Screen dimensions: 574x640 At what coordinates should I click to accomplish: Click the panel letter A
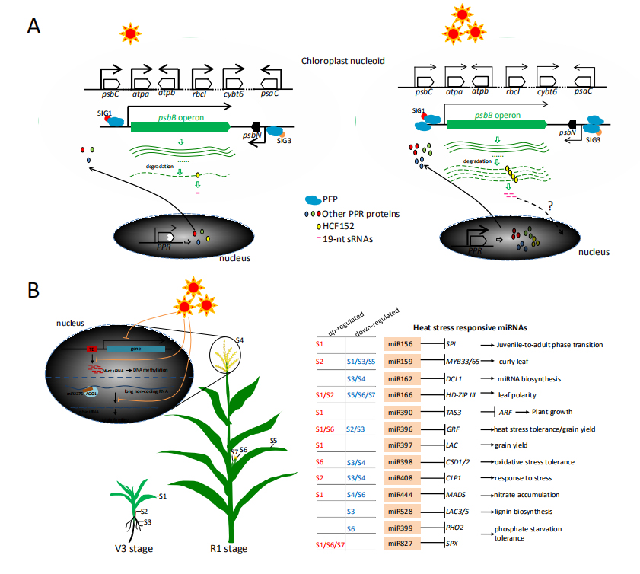pyautogui.click(x=34, y=27)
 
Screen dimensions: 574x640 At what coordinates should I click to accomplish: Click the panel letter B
pyautogui.click(x=34, y=292)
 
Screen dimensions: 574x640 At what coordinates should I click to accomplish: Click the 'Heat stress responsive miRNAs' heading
pyautogui.click(x=470, y=327)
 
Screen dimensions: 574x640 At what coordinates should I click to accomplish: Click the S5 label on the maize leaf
pyautogui.click(x=273, y=441)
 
